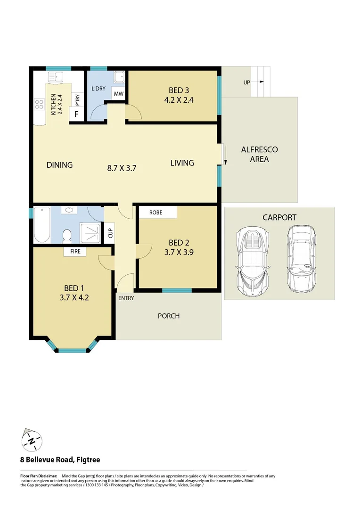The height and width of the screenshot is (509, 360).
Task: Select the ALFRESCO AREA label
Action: pos(259,154)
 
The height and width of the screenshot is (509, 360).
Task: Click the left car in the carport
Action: pos(254,261)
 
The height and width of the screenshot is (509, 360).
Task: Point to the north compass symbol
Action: pos(31,441)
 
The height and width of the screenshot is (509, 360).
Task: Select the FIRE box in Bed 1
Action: pos(75,252)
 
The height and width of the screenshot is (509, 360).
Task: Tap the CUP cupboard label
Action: pos(110,233)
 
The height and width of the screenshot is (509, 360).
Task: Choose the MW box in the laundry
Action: pos(118,94)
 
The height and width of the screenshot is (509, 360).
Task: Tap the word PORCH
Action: pos(168,316)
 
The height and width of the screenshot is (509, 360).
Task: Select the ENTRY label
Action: pos(126,298)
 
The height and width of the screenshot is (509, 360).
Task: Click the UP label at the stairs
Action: pos(246,82)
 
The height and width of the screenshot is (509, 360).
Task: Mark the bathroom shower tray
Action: pos(88,231)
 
